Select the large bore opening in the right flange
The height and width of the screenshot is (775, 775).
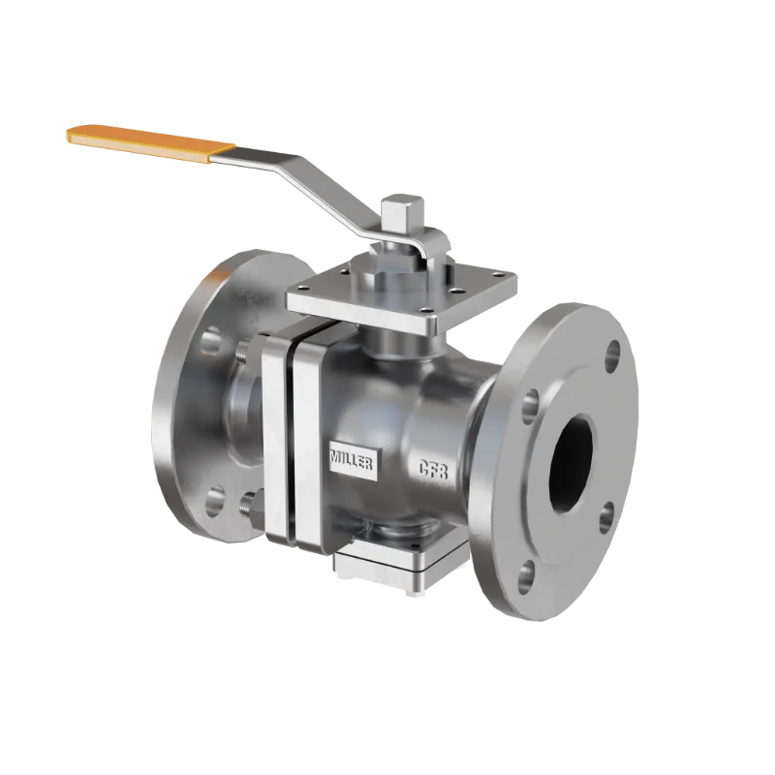(574, 466)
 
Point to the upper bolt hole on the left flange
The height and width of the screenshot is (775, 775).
(210, 341)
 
